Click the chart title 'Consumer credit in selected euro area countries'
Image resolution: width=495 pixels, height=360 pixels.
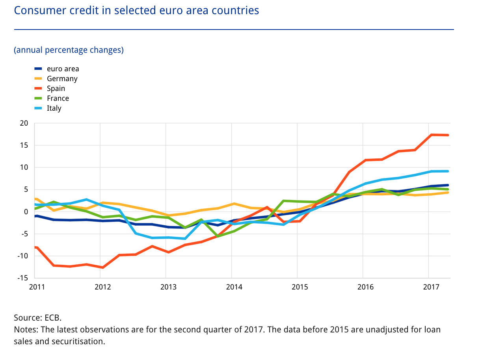(x=136, y=10)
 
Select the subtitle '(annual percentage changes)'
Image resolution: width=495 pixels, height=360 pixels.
(x=69, y=50)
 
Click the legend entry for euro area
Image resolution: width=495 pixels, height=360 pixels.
(x=63, y=69)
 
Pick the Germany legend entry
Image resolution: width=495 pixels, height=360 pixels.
(x=62, y=79)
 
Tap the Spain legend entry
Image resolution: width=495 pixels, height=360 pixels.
(x=56, y=89)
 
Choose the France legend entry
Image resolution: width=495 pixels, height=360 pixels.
(x=58, y=98)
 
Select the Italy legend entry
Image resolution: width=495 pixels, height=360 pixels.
(x=54, y=108)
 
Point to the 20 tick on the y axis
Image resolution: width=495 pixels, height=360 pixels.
(x=24, y=123)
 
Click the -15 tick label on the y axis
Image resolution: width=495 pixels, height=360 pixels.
(x=23, y=278)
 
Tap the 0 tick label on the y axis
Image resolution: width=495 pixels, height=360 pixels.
(x=26, y=212)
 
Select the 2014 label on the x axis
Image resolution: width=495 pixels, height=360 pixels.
(x=234, y=287)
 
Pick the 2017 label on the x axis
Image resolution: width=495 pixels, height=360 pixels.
(x=431, y=287)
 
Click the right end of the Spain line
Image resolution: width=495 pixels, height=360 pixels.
(x=448, y=135)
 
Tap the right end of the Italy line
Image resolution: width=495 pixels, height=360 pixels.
(x=448, y=171)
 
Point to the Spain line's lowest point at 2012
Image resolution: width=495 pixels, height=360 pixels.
(x=103, y=267)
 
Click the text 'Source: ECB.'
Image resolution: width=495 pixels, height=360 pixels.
(x=38, y=318)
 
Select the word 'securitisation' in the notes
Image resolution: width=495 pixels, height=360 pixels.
(x=78, y=341)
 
